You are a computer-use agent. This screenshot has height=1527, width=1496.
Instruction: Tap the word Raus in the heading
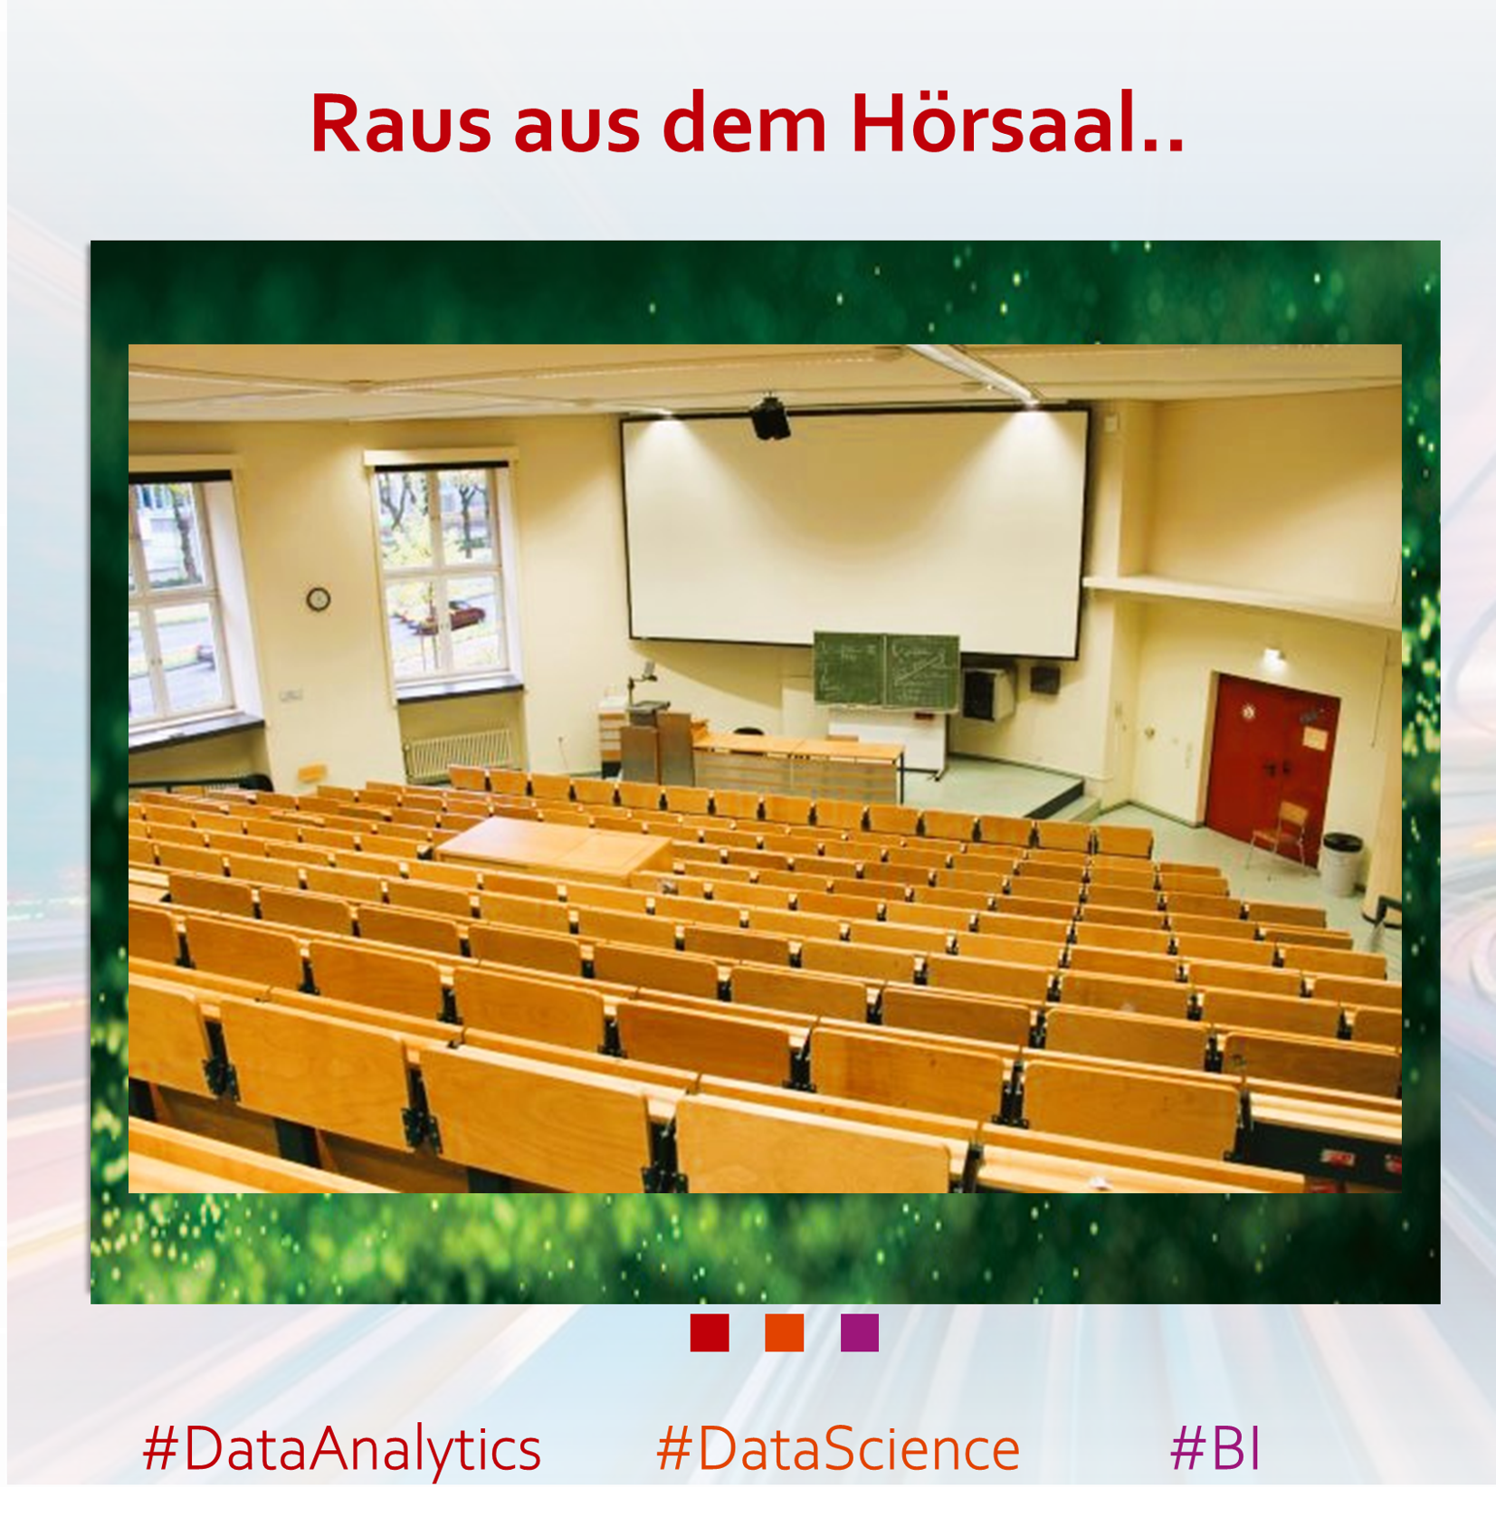pyautogui.click(x=401, y=124)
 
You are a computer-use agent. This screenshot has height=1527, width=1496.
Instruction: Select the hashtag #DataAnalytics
pyautogui.click(x=342, y=1449)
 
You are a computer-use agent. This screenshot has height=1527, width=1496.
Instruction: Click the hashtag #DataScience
pyautogui.click(x=838, y=1449)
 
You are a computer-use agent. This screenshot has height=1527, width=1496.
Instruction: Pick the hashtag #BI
pyautogui.click(x=1215, y=1448)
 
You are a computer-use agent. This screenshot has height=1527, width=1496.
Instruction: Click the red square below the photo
pyautogui.click(x=710, y=1332)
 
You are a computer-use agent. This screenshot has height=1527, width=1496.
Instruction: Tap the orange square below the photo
pyautogui.click(x=785, y=1332)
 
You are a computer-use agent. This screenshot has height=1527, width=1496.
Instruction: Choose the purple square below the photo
pyautogui.click(x=860, y=1332)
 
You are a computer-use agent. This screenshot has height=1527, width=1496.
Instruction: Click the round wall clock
pyautogui.click(x=318, y=598)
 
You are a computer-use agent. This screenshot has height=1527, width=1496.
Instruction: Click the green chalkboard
pyautogui.click(x=886, y=671)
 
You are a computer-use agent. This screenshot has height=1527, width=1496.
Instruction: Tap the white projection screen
pyautogui.click(x=855, y=532)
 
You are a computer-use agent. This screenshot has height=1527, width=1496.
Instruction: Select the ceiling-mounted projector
pyautogui.click(x=770, y=418)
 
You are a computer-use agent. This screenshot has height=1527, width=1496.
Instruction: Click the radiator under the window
pyautogui.click(x=460, y=752)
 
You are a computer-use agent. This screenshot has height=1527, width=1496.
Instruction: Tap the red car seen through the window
pyautogui.click(x=453, y=616)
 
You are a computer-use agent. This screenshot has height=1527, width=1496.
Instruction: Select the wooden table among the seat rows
pyautogui.click(x=555, y=849)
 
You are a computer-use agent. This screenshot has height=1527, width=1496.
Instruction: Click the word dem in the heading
pyautogui.click(x=745, y=122)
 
